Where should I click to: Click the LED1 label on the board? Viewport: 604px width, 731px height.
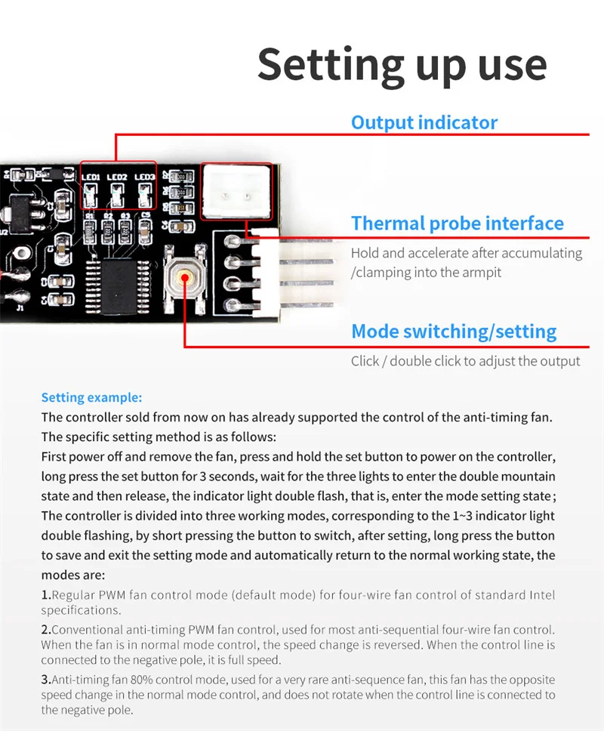pyautogui.click(x=92, y=177)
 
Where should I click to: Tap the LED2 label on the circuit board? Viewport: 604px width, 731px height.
pyautogui.click(x=117, y=177)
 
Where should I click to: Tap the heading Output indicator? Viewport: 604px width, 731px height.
pyautogui.click(x=424, y=122)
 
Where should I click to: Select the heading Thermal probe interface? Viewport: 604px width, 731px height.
pyautogui.click(x=457, y=224)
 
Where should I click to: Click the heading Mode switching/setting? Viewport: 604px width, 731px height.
pyautogui.click(x=454, y=332)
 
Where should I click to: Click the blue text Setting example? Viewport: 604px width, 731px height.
pyautogui.click(x=91, y=398)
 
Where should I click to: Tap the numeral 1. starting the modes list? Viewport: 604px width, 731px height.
pyautogui.click(x=45, y=595)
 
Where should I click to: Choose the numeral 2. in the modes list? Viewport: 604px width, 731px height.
pyautogui.click(x=45, y=629)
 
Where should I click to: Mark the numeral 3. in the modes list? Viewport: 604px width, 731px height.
pyautogui.click(x=45, y=680)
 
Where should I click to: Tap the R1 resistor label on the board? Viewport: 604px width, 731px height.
pyautogui.click(x=91, y=215)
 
